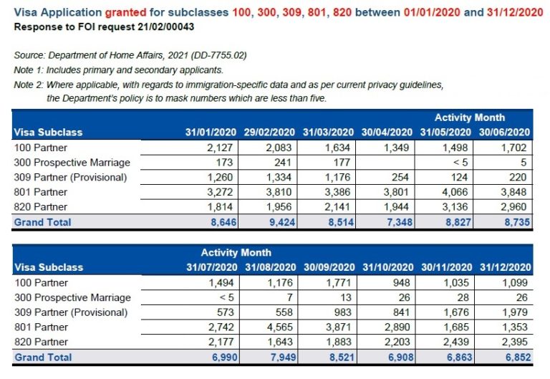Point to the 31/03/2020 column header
(328, 133)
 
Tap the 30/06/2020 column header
(504, 133)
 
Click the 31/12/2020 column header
(504, 267)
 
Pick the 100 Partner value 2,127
(220, 148)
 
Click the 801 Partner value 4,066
(456, 192)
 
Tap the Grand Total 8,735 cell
(515, 222)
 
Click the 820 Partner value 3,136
(456, 207)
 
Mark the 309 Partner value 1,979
(515, 312)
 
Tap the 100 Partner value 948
(401, 282)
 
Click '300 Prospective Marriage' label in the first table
(72, 163)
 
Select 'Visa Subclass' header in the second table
(48, 267)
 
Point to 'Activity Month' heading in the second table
(236, 252)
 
